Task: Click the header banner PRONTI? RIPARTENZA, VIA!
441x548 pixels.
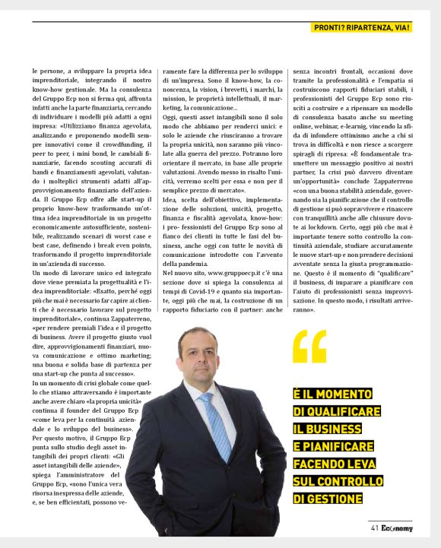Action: pyautogui.click(x=362, y=27)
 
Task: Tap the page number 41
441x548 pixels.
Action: pyautogui.click(x=375, y=528)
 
